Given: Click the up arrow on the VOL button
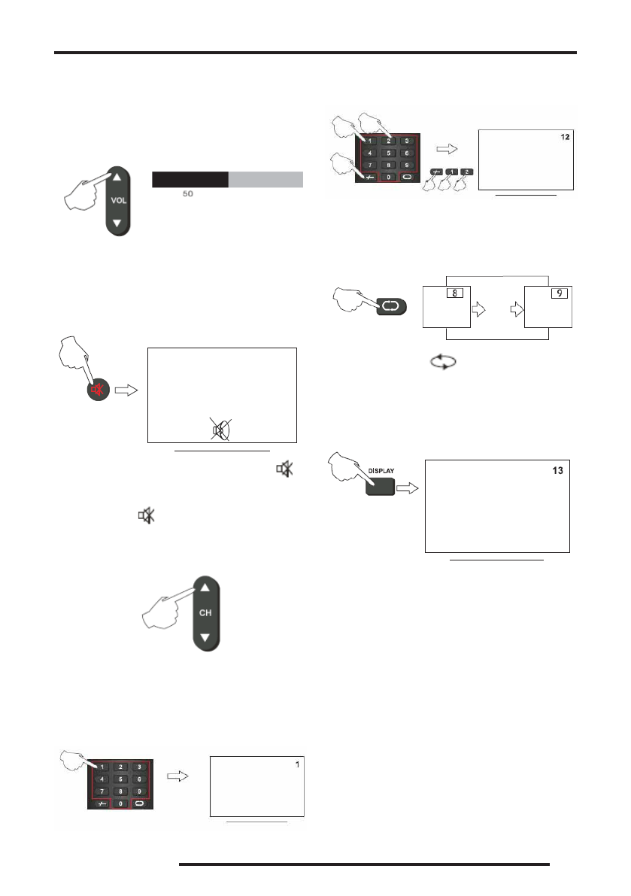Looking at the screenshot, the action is coord(117,177).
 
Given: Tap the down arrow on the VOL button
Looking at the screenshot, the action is coord(117,223).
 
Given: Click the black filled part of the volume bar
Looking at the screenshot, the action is coord(190,179).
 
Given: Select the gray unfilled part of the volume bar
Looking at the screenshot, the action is coord(265,179).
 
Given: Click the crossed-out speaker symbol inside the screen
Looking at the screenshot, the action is coord(222,428).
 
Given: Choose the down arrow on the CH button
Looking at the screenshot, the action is coord(205,637).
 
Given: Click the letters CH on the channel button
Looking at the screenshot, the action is coord(205,612).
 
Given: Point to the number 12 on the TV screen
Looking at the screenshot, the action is coord(566,138).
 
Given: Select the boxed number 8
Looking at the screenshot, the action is coord(454,293).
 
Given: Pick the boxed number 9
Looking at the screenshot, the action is coord(559,293).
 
